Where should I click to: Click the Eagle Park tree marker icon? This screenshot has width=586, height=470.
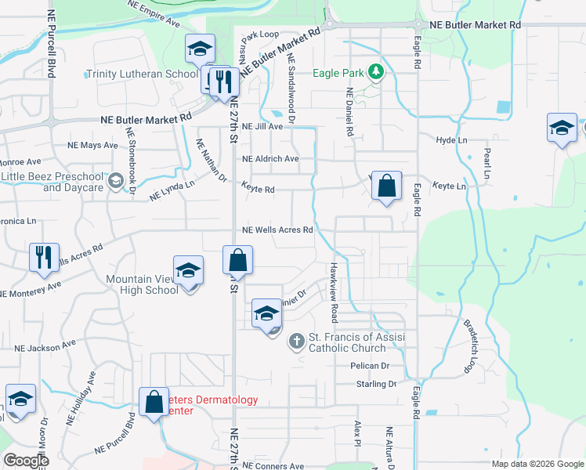(377, 73)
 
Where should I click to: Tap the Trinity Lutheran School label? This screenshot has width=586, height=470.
(142, 74)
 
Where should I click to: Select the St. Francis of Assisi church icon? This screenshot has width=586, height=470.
(296, 341)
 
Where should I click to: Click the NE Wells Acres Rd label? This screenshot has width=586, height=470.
(278, 230)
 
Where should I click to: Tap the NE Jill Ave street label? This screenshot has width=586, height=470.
(262, 126)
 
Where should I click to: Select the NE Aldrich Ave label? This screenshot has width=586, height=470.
(270, 159)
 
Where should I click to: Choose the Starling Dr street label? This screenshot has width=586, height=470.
(375, 384)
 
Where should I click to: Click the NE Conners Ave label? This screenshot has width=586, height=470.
(273, 466)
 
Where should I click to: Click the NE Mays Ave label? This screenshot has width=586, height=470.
(92, 145)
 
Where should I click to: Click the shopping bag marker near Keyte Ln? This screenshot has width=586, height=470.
(386, 186)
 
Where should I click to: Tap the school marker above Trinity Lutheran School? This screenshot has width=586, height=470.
(200, 49)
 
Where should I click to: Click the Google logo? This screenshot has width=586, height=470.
(26, 461)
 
